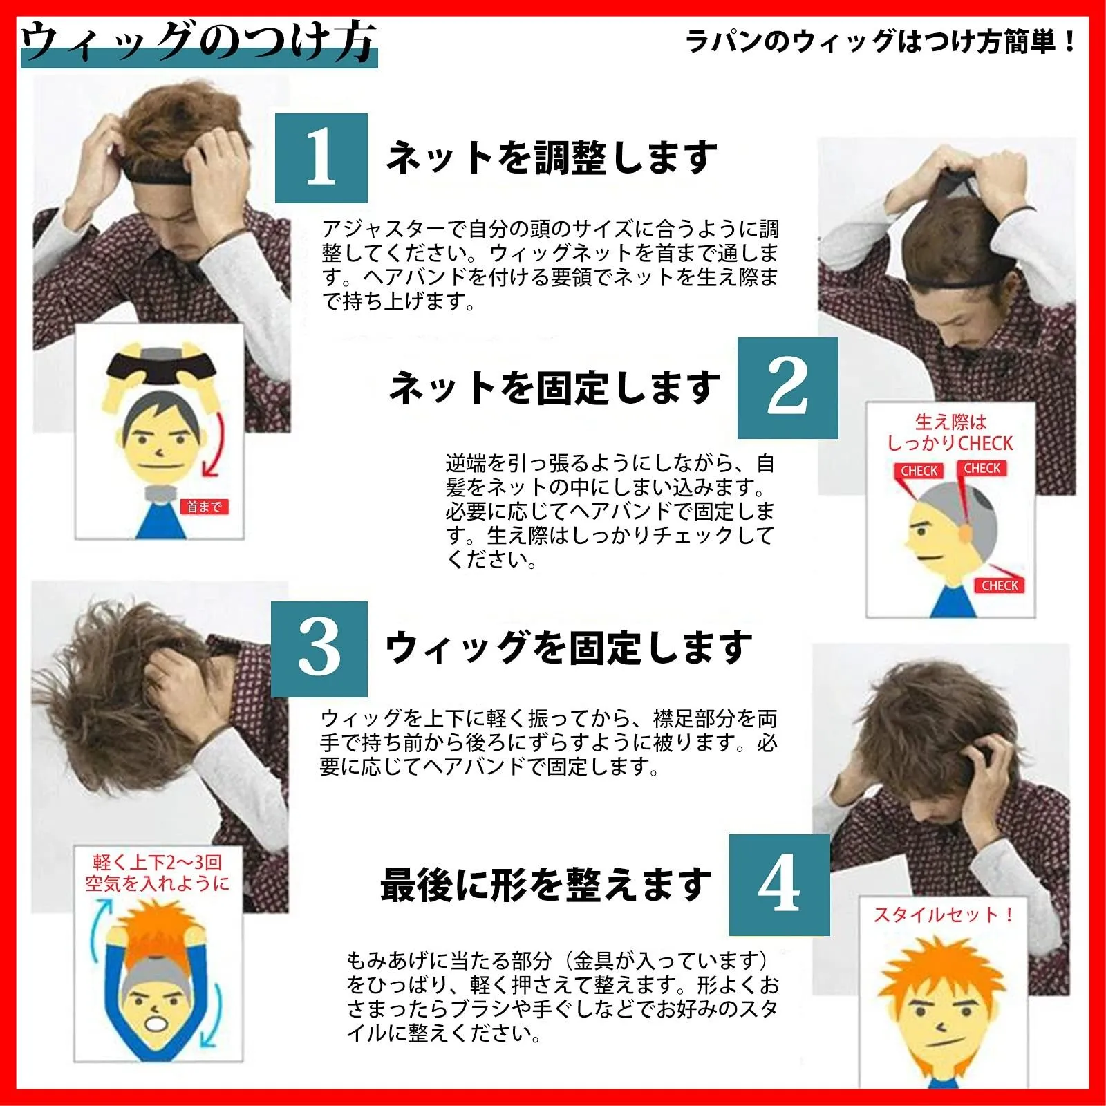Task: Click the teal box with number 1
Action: coord(321,158)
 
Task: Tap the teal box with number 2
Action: coord(787,388)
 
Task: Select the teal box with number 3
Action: coord(319,648)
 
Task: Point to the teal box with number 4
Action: coord(779,885)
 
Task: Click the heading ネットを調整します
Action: coord(552,158)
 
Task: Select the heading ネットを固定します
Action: coord(554,387)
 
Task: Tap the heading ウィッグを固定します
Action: coord(568,648)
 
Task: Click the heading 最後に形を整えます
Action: coord(546,885)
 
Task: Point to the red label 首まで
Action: coord(204,507)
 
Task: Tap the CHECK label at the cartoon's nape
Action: coord(1000,585)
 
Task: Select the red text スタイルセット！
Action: coord(944,915)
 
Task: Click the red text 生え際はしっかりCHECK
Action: coord(950,433)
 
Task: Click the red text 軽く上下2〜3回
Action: coord(158,862)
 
